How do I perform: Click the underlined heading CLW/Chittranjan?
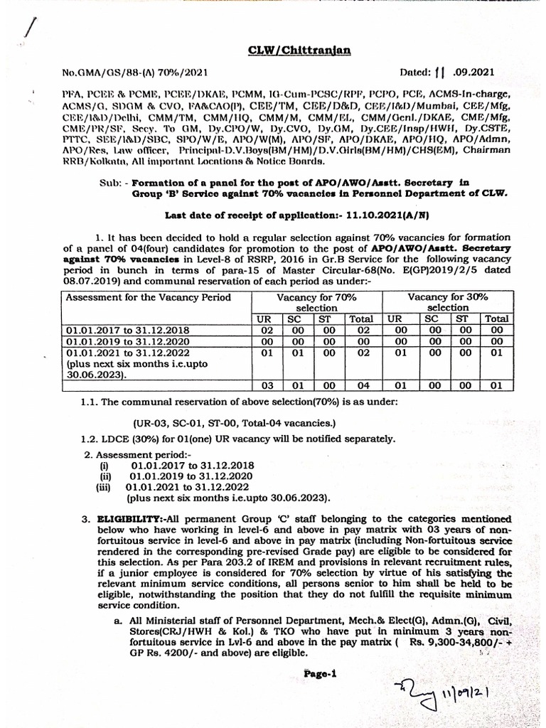tap(289, 50)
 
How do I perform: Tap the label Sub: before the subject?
tap(112, 182)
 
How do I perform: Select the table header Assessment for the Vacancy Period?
tap(149, 297)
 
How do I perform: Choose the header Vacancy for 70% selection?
tap(316, 302)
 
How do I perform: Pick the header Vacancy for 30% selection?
tap(447, 302)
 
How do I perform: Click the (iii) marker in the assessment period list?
tap(105, 488)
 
